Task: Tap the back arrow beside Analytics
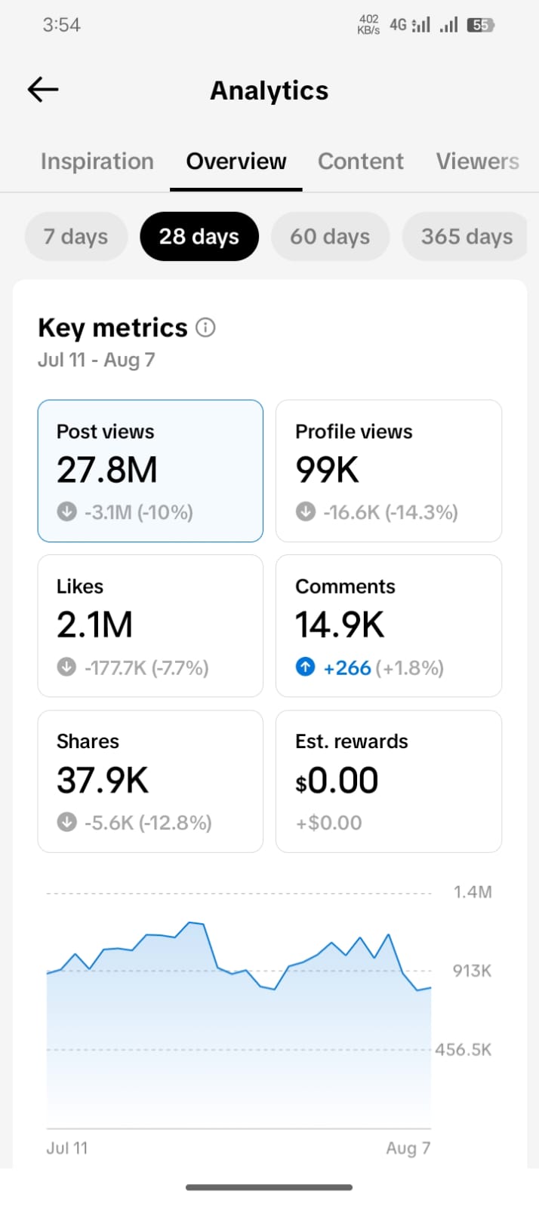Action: tap(42, 89)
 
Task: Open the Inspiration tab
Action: tap(97, 161)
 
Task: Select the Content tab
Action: tap(361, 161)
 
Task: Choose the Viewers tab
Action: tap(478, 161)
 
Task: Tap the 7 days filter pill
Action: tap(76, 236)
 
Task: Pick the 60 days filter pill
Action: tap(330, 236)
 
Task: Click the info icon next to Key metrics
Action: tap(205, 327)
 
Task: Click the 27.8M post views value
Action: tap(106, 469)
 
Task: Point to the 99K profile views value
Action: tap(327, 469)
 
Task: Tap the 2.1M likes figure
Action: tap(94, 624)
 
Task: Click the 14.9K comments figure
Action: tap(340, 624)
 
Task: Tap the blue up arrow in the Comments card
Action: tap(305, 667)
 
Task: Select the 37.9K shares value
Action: tap(103, 780)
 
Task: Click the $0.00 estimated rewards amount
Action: tap(337, 781)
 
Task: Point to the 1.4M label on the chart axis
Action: tap(473, 892)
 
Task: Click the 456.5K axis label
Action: tap(463, 1049)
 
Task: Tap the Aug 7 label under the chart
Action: tap(408, 1148)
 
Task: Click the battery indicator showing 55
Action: tap(480, 25)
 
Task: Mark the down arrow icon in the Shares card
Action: tap(67, 822)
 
